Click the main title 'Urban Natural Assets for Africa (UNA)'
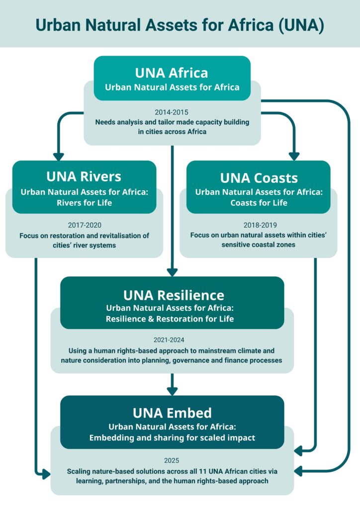pos(180,24)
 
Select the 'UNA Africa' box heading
pos(172,73)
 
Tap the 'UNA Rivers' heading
pos(84,176)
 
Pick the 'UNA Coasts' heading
pos(259,178)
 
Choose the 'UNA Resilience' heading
pos(174,295)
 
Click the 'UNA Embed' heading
pos(172,413)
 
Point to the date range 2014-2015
pos(172,112)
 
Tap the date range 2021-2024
pos(172,341)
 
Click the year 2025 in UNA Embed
pos(172,460)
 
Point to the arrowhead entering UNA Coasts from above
pos(294,156)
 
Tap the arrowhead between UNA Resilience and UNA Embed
pos(172,390)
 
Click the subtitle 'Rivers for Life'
pos(84,202)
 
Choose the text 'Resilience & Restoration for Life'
pos(172,319)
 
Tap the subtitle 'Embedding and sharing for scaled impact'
pos(172,438)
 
